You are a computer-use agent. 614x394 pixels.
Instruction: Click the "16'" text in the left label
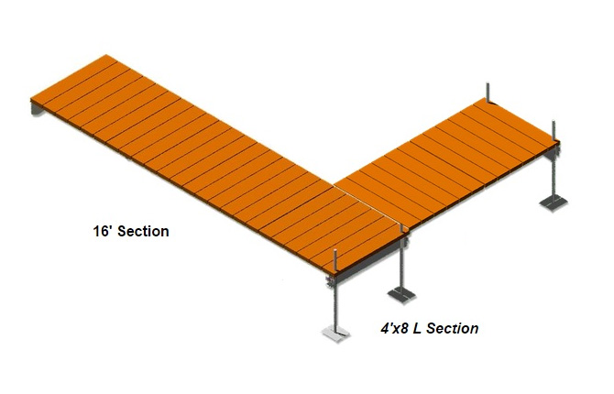(103, 231)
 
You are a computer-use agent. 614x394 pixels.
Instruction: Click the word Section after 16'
(143, 231)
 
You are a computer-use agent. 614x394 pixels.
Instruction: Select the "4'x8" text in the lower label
(396, 328)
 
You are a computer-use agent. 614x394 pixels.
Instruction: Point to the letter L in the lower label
(417, 328)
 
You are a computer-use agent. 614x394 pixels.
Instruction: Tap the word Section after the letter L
(453, 328)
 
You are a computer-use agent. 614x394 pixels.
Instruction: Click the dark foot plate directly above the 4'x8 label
(401, 293)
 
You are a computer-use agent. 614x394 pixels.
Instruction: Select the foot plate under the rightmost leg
(554, 202)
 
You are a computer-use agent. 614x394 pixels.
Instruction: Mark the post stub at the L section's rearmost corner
(488, 93)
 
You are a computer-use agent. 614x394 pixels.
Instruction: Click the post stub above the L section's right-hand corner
(554, 130)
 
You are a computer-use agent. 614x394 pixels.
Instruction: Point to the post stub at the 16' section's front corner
(335, 259)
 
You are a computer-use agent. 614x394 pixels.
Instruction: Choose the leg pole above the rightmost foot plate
(554, 177)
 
